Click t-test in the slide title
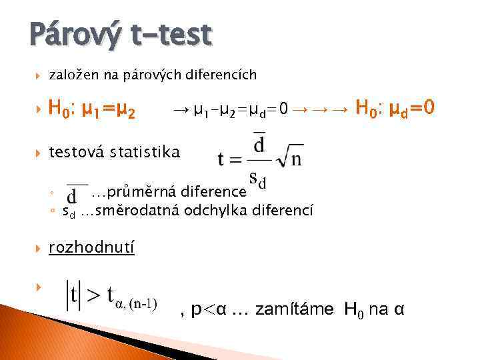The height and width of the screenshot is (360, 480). point(171,35)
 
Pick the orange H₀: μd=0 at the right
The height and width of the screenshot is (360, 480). point(396,107)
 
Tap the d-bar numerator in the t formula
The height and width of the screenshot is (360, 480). point(259,145)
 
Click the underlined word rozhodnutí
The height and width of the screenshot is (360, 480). point(92,248)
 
